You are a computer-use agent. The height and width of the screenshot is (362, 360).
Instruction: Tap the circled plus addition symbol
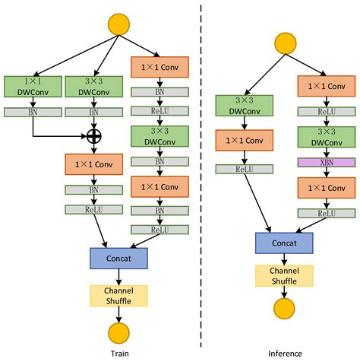tap(94, 136)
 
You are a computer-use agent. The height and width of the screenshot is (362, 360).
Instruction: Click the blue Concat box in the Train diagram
tap(118, 258)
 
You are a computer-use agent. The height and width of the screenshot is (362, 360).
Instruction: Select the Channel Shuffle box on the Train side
tap(118, 295)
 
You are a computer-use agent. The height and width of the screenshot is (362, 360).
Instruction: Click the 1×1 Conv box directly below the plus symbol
tap(94, 164)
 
